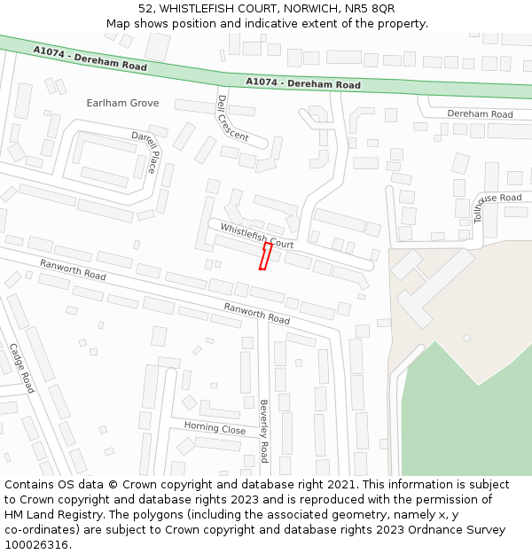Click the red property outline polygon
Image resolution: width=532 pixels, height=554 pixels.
264,256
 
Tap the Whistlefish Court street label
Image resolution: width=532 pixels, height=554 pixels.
257,236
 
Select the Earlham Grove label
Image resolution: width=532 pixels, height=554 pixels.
122,103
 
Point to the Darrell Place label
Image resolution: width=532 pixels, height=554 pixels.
145,152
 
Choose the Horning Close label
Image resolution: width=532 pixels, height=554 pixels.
215,428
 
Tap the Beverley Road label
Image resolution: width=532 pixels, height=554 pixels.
263,431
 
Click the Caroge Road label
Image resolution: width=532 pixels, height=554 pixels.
22,368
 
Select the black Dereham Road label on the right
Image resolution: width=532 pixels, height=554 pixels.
480,114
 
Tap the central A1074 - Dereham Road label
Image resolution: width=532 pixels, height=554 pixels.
303,83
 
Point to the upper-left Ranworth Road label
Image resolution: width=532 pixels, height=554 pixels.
73,270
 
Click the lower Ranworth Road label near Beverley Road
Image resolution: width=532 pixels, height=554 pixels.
256,313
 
